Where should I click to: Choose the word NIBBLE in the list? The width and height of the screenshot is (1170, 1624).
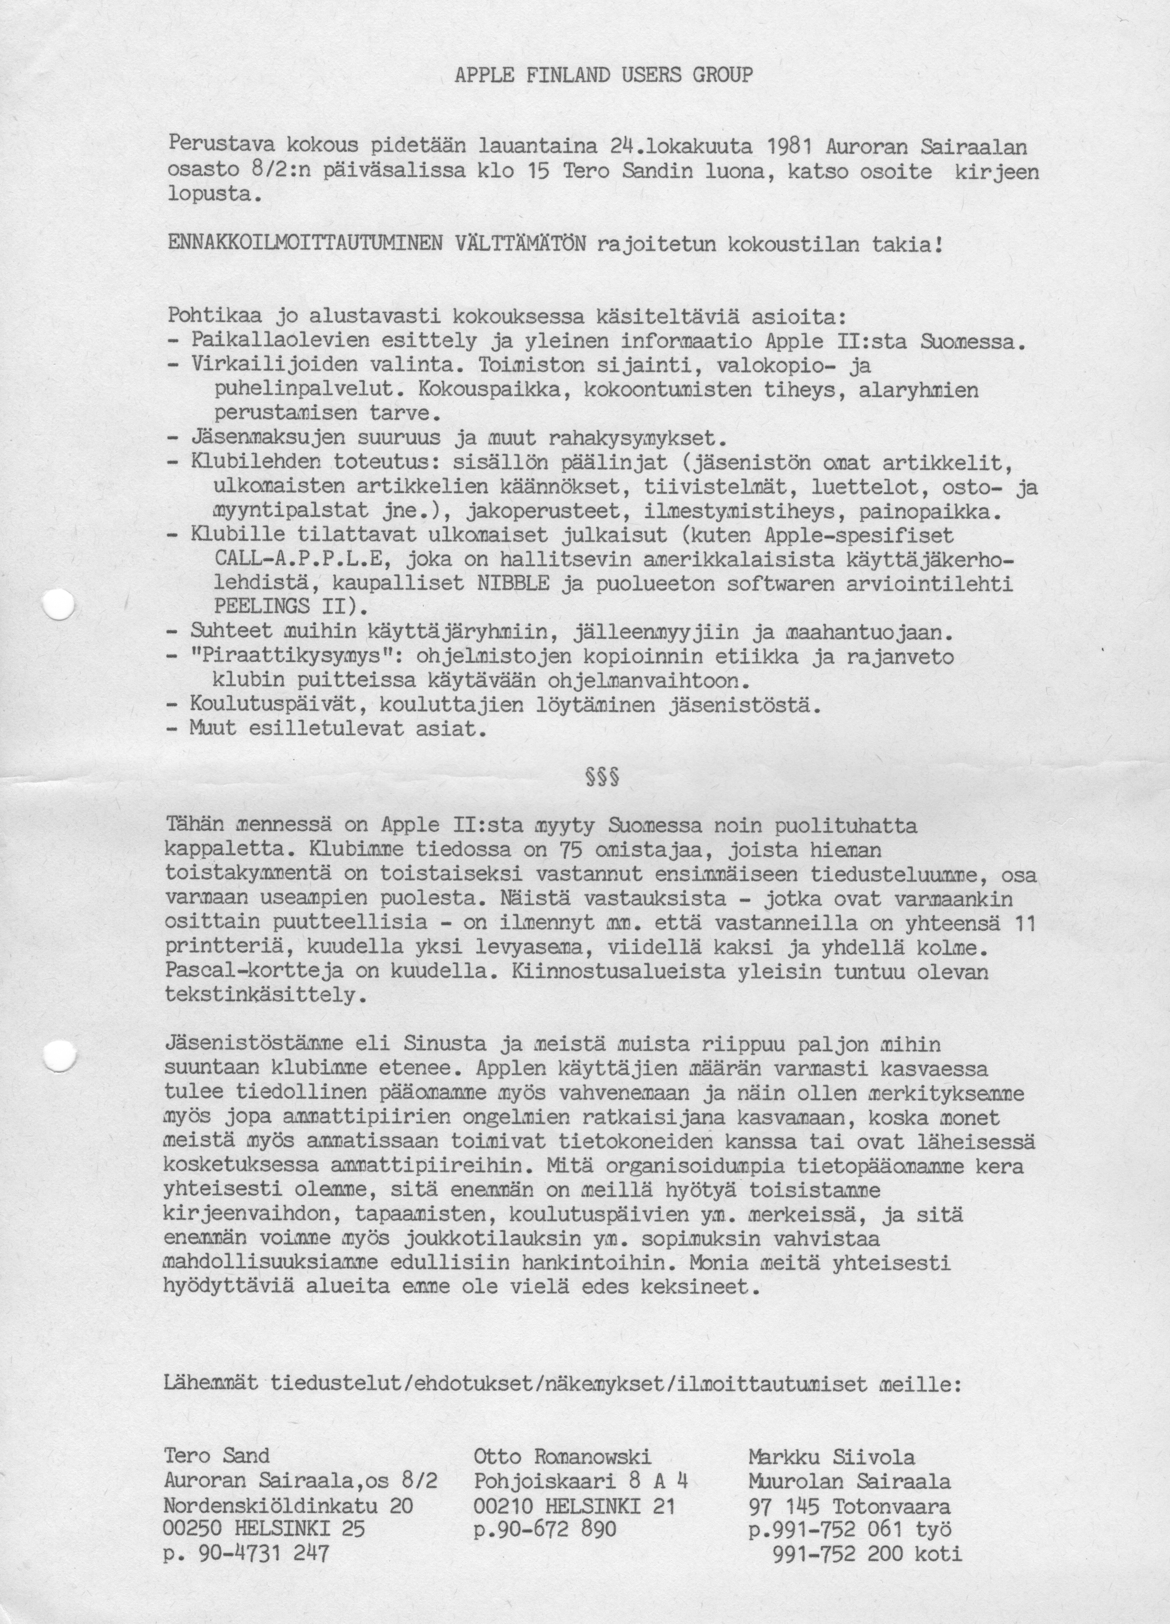click(512, 584)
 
